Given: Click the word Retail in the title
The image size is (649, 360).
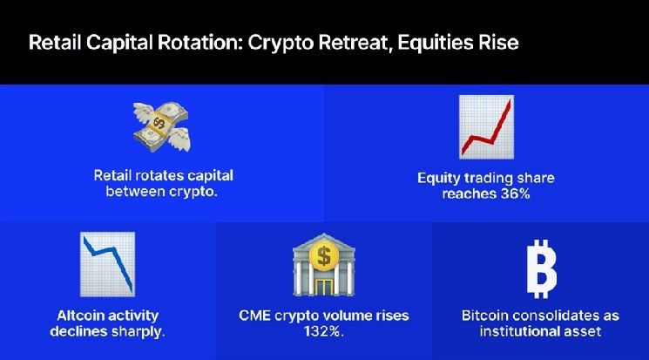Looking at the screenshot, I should (x=53, y=43).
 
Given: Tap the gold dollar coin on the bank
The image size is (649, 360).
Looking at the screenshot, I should (x=324, y=256).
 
